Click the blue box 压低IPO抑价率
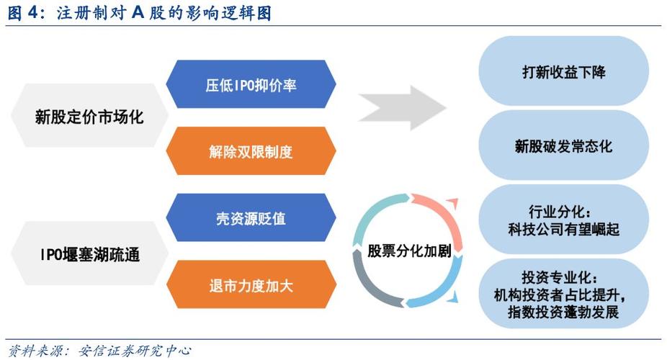pos(251,85)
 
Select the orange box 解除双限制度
pos(251,151)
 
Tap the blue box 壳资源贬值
pos(251,218)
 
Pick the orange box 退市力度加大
pos(251,285)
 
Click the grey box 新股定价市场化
pos(89,117)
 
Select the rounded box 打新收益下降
pos(564,72)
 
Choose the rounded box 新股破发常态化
pos(564,145)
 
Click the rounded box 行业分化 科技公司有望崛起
pos(564,221)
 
